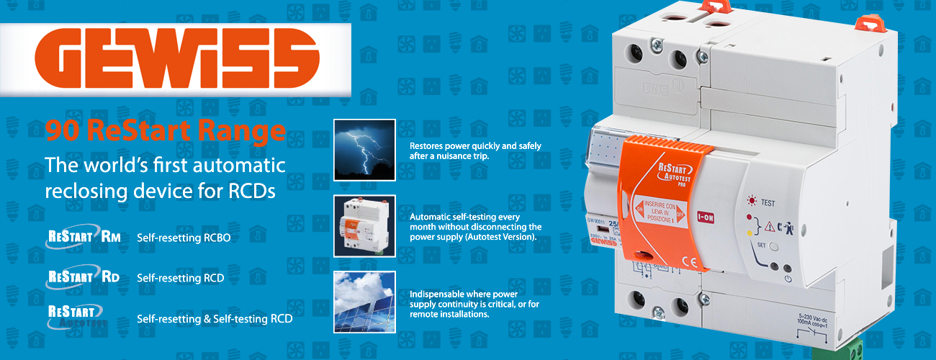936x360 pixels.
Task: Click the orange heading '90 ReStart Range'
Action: tap(164, 131)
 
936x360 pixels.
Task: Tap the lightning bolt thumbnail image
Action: tap(364, 149)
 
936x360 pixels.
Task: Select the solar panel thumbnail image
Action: tap(364, 301)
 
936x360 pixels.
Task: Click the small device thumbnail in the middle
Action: tap(364, 225)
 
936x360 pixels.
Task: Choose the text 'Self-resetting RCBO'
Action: tap(184, 238)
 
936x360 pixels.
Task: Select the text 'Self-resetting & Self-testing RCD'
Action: tap(215, 318)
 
